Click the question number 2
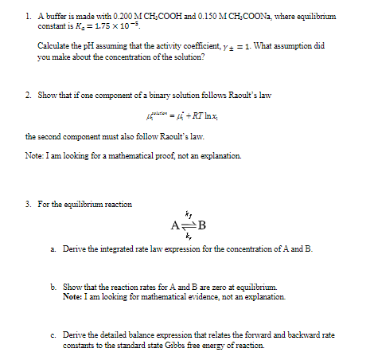pyautogui.click(x=28, y=95)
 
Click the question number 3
pyautogui.click(x=28, y=205)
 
